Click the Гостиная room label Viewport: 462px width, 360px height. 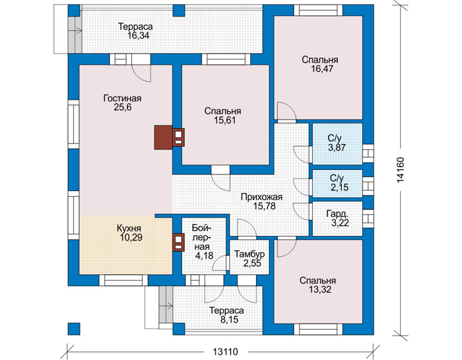(x=122, y=98)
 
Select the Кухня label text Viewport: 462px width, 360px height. (x=129, y=229)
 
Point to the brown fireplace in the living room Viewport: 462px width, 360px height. (x=164, y=137)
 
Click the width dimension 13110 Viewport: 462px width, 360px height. (x=225, y=352)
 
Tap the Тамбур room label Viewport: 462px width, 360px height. (x=249, y=254)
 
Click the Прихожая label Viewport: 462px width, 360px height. (x=261, y=197)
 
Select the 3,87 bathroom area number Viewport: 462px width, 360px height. (x=337, y=147)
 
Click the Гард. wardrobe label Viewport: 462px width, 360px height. (x=338, y=214)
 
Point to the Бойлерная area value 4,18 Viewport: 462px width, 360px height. (x=204, y=256)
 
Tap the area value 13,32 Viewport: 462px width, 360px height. (x=320, y=290)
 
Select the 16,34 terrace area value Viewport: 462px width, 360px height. (x=139, y=36)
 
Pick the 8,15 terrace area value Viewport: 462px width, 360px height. (x=229, y=320)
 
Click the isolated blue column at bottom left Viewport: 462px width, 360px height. (x=74, y=329)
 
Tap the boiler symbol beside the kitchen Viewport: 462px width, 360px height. (x=179, y=242)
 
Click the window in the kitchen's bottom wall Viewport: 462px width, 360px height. (x=123, y=280)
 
